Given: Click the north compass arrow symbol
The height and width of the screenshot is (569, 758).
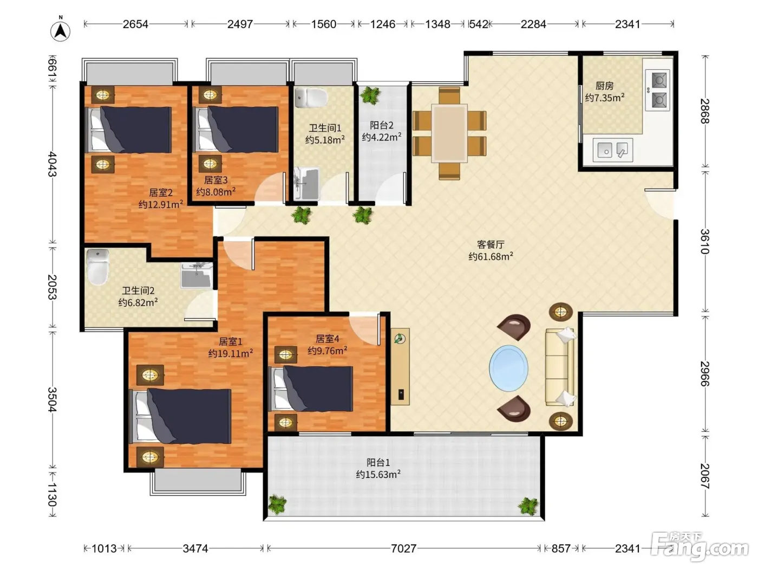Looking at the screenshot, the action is click(x=61, y=31).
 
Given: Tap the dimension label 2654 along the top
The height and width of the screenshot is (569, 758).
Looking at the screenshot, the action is click(x=135, y=24).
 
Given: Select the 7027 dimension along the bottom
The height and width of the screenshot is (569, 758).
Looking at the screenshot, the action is click(x=403, y=548).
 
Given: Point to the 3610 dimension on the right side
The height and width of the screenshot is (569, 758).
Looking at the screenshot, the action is click(x=704, y=242).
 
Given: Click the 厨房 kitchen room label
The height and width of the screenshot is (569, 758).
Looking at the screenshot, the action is click(x=604, y=85).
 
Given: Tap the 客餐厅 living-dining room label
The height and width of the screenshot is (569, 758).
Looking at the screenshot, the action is click(x=491, y=244).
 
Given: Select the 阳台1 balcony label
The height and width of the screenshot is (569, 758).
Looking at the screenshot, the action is click(x=378, y=462).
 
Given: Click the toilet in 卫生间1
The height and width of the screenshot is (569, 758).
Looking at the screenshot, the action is click(x=311, y=97).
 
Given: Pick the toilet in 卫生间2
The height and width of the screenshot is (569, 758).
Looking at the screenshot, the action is click(x=98, y=267).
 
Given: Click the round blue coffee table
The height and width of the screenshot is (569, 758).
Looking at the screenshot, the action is click(x=508, y=368).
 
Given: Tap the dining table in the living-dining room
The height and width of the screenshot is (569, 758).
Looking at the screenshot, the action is click(x=449, y=133).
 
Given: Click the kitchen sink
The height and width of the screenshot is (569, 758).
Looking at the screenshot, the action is click(x=612, y=150).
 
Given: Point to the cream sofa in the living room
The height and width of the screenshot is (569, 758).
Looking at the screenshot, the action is click(x=559, y=367).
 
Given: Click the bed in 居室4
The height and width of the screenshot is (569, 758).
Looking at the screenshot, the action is click(x=310, y=389).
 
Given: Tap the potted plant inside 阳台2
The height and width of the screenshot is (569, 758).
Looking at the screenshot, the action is click(x=370, y=95).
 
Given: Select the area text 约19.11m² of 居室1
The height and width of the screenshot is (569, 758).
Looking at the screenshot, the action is click(x=230, y=353).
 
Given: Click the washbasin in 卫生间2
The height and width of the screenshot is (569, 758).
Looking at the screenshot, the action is click(x=197, y=275).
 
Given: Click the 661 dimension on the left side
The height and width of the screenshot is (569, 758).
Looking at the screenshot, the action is click(x=52, y=68).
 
